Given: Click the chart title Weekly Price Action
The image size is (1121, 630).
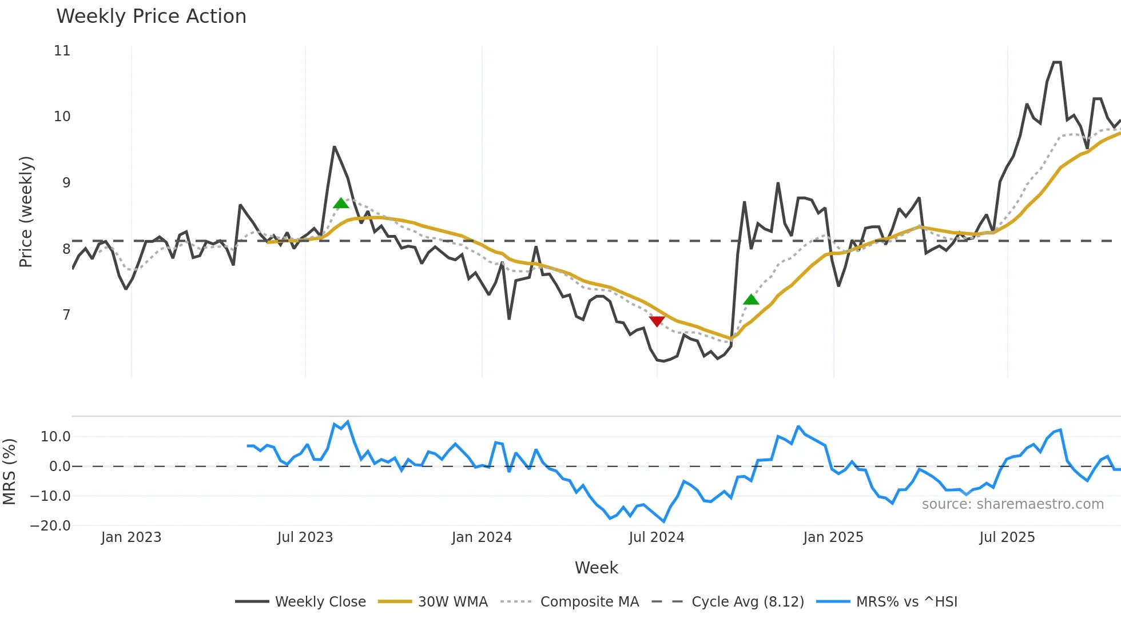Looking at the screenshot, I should pyautogui.click(x=151, y=17).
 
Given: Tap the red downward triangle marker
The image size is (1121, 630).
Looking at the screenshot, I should pyautogui.click(x=657, y=321).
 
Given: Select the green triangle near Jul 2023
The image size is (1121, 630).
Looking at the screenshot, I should pyautogui.click(x=341, y=204).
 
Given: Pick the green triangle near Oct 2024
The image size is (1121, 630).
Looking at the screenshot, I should pyautogui.click(x=751, y=300).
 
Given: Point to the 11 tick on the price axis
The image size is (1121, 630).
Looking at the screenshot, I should pyautogui.click(x=62, y=51).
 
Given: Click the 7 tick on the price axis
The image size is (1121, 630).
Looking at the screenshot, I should pyautogui.click(x=66, y=315).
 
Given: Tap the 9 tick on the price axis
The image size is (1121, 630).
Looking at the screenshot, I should pyautogui.click(x=66, y=183).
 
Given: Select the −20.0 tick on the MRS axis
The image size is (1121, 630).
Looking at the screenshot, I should pyautogui.click(x=50, y=526).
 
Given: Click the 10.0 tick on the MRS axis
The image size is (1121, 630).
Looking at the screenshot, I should pyautogui.click(x=55, y=437).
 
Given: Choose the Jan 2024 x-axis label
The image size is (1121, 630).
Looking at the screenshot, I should pyautogui.click(x=482, y=537).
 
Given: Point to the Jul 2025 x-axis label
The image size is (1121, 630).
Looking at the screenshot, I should pyautogui.click(x=1007, y=537).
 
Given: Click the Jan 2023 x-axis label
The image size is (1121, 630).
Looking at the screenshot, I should pyautogui.click(x=131, y=537).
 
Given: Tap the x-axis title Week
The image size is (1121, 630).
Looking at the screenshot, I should pyautogui.click(x=596, y=568).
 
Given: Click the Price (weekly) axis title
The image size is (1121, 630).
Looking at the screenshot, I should pyautogui.click(x=26, y=212).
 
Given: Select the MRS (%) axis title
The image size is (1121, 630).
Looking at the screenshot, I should pyautogui.click(x=9, y=472).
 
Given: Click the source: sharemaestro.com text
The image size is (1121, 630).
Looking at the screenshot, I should pyautogui.click(x=1012, y=504).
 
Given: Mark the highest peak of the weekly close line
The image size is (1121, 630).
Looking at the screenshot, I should pyautogui.click(x=1057, y=62).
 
